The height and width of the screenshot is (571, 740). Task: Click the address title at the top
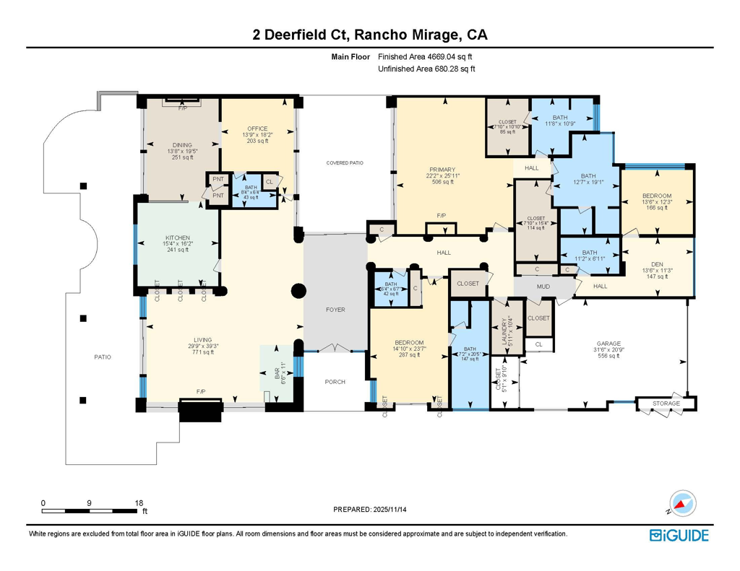coord(369,34)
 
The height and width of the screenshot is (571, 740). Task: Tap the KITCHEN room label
coord(177,237)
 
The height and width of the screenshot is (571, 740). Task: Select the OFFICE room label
coord(257,128)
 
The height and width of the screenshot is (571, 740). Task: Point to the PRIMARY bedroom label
coord(442,170)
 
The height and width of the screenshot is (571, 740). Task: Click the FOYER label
coord(335,309)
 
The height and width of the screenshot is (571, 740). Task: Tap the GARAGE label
coord(608,344)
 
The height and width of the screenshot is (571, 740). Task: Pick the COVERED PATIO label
coord(344,163)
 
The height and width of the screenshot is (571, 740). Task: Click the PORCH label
coord(335,382)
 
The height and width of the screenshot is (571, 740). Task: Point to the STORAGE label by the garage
coord(666,404)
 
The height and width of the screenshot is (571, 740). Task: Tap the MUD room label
coord(543,286)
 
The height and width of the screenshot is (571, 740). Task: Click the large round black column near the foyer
coord(297,291)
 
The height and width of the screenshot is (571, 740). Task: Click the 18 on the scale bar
coord(139,502)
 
